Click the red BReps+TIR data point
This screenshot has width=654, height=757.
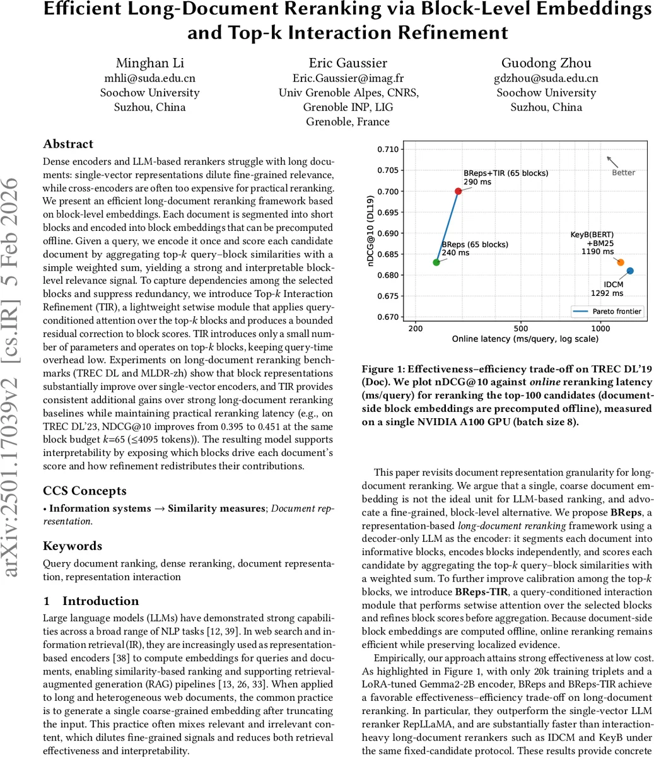point(458,191)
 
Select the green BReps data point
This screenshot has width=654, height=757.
point(436,262)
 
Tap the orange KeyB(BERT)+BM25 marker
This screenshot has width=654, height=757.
point(621,262)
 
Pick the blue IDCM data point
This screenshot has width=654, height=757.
point(630,271)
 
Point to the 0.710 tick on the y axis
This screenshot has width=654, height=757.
point(388,150)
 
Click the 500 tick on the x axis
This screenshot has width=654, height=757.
point(521,328)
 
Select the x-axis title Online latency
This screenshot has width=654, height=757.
point(525,339)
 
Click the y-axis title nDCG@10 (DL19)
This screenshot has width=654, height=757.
point(370,233)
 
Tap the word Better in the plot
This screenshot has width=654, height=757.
point(623,172)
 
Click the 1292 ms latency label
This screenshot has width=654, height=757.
point(607,293)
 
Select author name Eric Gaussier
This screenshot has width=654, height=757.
point(347,63)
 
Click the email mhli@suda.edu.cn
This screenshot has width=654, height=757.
point(149,78)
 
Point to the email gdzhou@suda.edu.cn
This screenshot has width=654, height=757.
point(546,78)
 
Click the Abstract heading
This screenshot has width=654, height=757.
point(68,144)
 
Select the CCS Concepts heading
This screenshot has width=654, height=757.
point(85,490)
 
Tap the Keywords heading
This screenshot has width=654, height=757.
point(73,546)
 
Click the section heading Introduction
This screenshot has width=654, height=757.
point(100,601)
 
